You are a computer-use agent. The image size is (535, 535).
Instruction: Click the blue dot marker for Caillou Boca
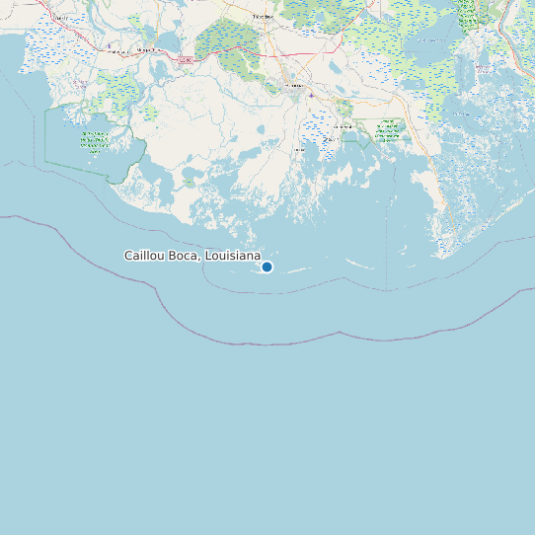pyautogui.click(x=267, y=267)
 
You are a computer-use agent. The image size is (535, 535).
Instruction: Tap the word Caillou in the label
pyautogui.click(x=143, y=256)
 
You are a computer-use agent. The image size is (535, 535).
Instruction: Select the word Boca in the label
pyautogui.click(x=184, y=256)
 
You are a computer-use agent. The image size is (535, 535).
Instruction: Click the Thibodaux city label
pyautogui.click(x=262, y=18)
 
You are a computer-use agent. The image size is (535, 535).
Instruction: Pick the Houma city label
pyautogui.click(x=293, y=86)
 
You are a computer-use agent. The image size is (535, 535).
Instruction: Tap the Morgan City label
pyautogui.click(x=146, y=48)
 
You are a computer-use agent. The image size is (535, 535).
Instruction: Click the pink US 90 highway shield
pyautogui.click(x=185, y=60)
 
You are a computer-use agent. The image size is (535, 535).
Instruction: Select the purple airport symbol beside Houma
pyautogui.click(x=311, y=95)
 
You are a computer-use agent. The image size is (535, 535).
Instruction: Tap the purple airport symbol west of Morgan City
pyautogui.click(x=110, y=45)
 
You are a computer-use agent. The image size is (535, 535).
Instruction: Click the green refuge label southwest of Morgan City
pyautogui.click(x=95, y=143)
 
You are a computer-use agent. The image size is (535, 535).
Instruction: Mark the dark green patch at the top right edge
pyautogui.click(x=467, y=12)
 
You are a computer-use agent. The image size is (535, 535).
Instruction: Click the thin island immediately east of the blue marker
pyautogui.click(x=299, y=268)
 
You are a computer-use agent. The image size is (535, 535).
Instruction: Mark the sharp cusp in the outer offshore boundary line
pyautogui.click(x=340, y=333)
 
